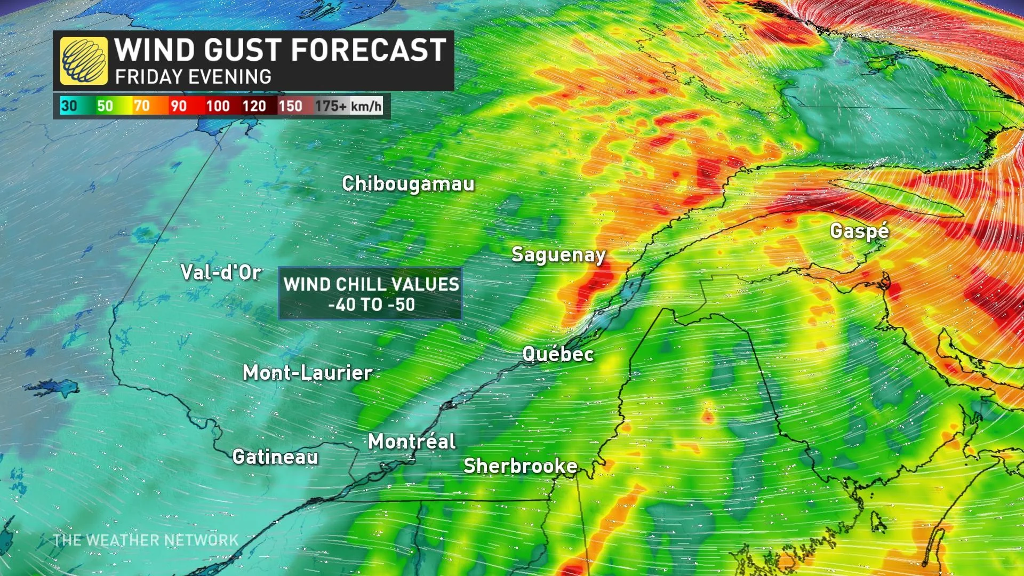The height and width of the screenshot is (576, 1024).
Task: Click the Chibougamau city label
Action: click(408, 184)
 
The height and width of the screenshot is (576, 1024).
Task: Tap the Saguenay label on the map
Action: click(558, 255)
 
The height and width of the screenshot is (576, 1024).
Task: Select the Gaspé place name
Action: click(860, 231)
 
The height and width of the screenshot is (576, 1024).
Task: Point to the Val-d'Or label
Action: click(221, 273)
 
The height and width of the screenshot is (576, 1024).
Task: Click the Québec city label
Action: click(558, 354)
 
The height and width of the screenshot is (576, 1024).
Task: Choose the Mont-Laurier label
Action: click(308, 373)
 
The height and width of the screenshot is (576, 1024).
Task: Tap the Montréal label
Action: click(412, 442)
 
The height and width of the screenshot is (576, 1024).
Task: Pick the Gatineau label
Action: click(275, 457)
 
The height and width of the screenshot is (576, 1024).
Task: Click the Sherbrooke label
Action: click(521, 466)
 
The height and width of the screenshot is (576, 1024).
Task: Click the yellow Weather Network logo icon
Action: click(84, 61)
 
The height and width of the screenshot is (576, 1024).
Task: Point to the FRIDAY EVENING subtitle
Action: click(193, 77)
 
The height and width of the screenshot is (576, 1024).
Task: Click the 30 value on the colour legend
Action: click(69, 106)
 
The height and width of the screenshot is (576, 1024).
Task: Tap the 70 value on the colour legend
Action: click(141, 106)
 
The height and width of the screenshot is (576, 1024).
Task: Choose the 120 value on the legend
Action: click(254, 106)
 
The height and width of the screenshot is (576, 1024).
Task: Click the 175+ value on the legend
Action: click(330, 106)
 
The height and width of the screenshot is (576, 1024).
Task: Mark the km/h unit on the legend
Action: click(366, 106)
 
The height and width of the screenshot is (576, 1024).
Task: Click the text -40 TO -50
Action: click(372, 305)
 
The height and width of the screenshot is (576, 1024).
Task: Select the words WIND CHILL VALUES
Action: click(371, 284)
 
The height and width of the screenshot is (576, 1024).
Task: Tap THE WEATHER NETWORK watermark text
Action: click(146, 540)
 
